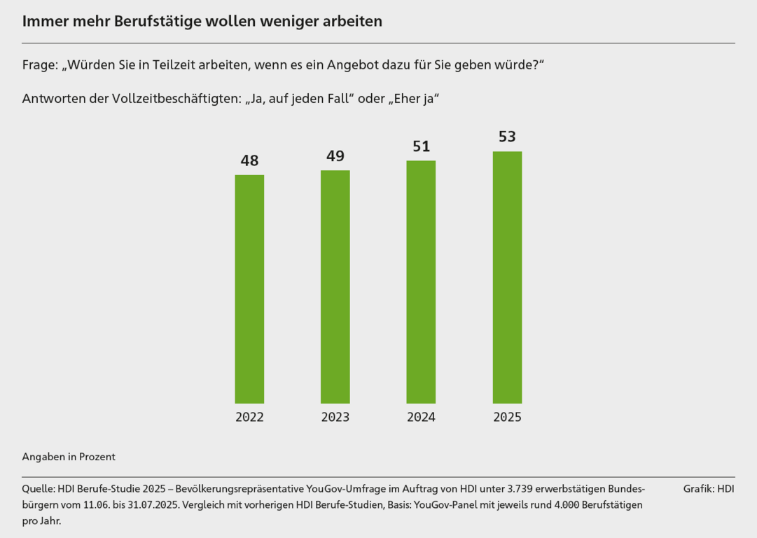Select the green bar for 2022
click(x=249, y=289)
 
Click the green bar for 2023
click(x=335, y=287)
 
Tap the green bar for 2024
click(x=421, y=282)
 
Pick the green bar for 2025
click(x=507, y=277)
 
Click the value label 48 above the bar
click(x=249, y=160)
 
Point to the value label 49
click(x=335, y=156)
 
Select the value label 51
click(x=421, y=146)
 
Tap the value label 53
click(x=507, y=137)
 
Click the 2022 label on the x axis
click(x=249, y=418)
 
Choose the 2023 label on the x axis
click(x=335, y=418)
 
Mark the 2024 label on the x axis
click(x=421, y=418)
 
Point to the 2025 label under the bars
click(x=507, y=418)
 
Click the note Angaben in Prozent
click(x=69, y=457)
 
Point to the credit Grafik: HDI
click(x=709, y=488)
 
